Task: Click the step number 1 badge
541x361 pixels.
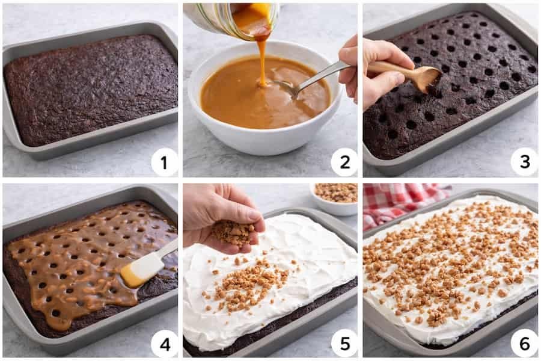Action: click(164, 162)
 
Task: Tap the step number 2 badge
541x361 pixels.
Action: click(344, 162)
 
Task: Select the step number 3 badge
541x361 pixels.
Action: click(524, 162)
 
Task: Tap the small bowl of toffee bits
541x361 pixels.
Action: click(335, 197)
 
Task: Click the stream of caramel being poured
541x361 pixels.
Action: click(262, 60)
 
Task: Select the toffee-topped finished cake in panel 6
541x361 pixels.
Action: click(451, 265)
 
